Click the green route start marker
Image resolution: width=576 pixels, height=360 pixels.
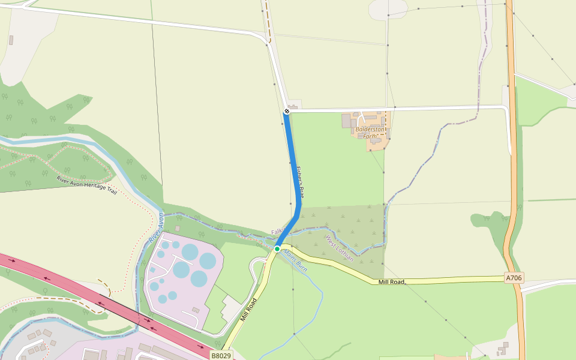point(277,248)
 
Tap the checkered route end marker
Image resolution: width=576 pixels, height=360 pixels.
point(287,111)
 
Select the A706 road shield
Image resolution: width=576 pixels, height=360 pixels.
point(514,277)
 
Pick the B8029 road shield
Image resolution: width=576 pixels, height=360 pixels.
point(220,356)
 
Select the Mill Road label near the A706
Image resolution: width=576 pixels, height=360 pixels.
point(392,281)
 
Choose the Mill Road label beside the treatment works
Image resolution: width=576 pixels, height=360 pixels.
point(248,309)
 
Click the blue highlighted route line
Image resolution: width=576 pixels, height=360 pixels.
point(294,168)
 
